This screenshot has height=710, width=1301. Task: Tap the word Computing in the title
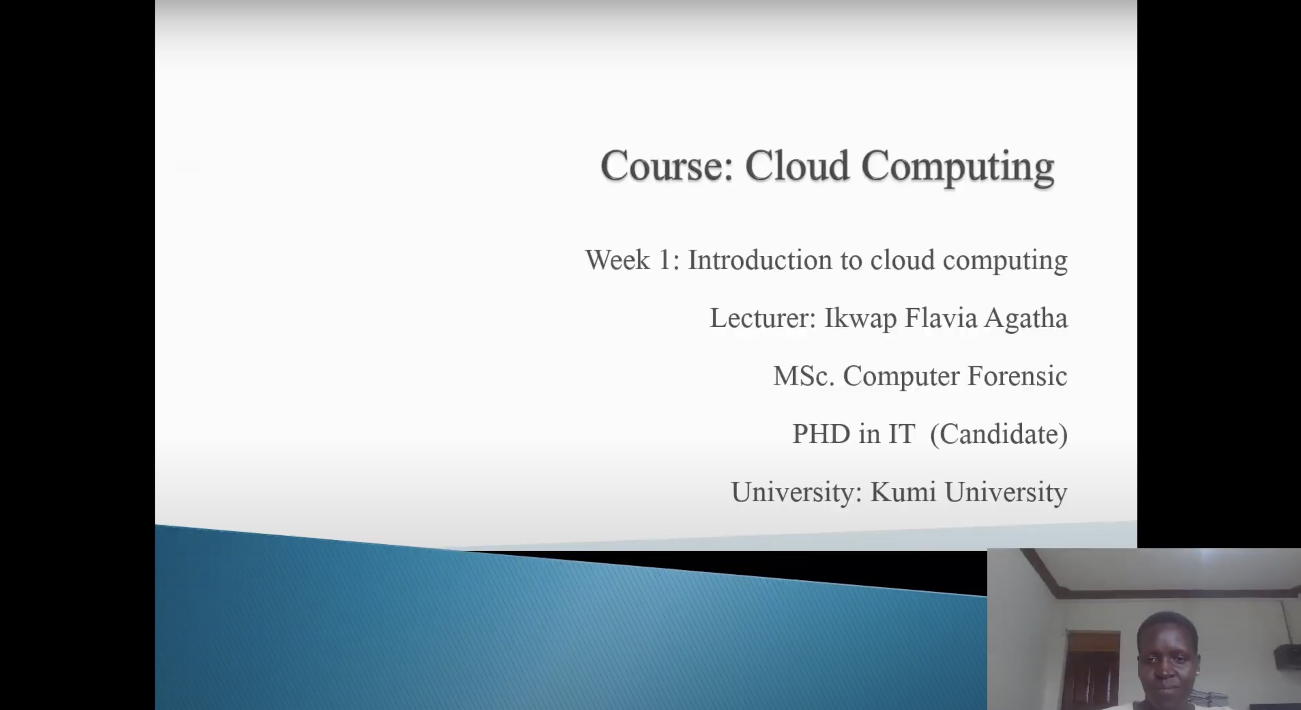pos(958,168)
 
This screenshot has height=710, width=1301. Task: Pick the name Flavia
pos(940,319)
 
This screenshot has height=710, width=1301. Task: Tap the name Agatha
pos(1026,319)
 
